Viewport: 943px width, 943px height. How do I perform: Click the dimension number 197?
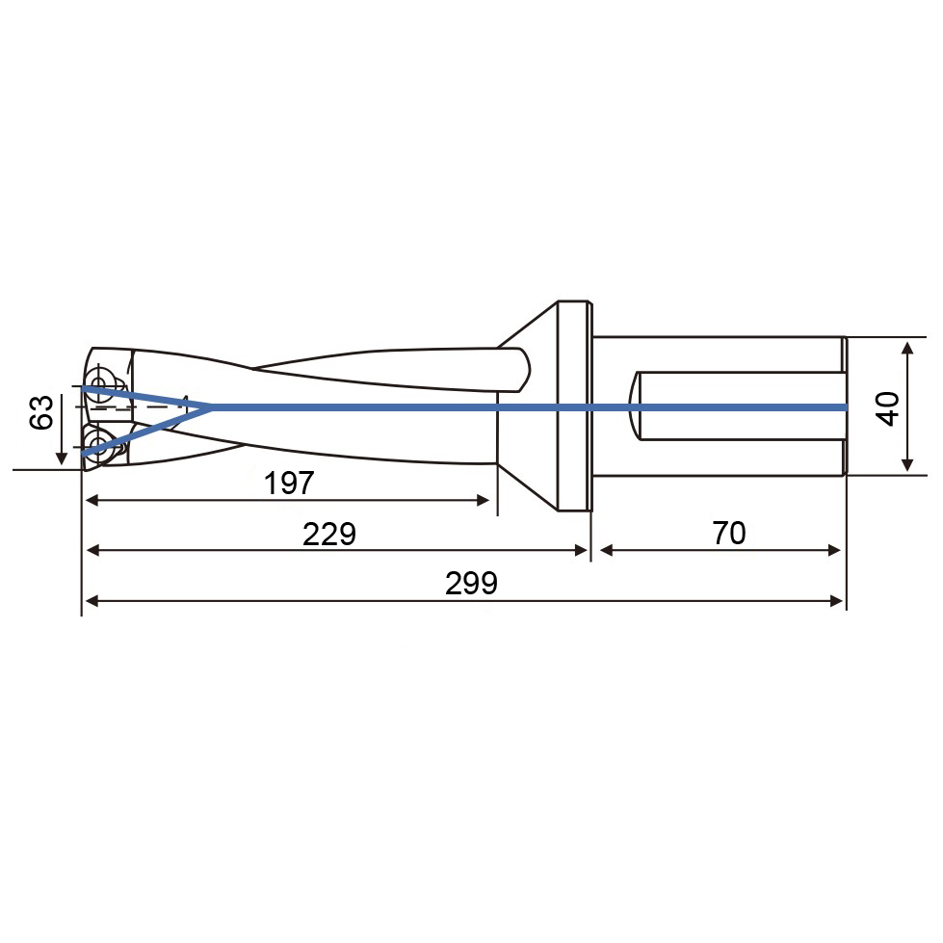289,483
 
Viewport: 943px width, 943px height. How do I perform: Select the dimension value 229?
329,534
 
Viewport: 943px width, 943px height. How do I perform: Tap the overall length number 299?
472,584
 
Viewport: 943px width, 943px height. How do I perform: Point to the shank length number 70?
729,533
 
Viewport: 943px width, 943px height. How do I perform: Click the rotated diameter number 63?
41,412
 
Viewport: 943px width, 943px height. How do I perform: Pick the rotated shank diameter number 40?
889,409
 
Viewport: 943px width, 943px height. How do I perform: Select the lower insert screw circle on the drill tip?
96,446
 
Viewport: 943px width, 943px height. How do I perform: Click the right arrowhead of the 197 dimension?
483,500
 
